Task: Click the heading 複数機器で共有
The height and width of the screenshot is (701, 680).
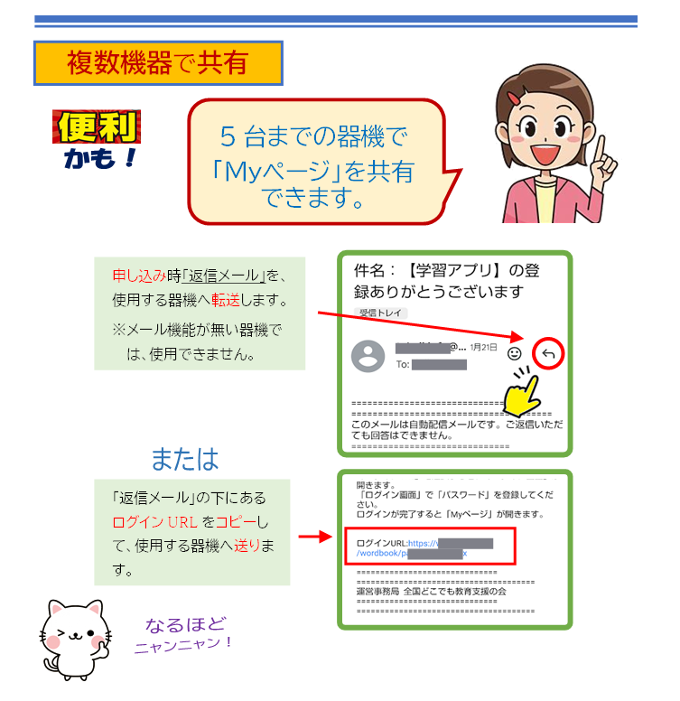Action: point(157,62)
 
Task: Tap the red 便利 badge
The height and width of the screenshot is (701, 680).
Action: point(97,126)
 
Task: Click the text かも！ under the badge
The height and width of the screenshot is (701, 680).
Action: point(100,159)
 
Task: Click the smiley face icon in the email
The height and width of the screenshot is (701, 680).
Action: point(515,353)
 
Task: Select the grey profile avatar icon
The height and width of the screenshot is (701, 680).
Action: point(368,356)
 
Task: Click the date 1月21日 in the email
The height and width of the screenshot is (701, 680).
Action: point(482,348)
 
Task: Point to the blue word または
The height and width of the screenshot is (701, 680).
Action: point(184,459)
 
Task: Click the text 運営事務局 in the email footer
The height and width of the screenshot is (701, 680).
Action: point(382,592)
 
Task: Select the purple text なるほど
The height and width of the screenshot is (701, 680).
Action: point(185,624)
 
